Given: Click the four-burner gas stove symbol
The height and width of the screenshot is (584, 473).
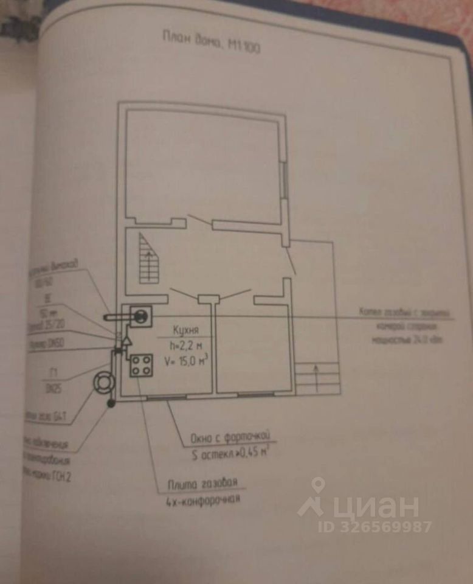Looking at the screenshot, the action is coord(142,365).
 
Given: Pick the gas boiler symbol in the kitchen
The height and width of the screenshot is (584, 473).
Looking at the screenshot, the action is coord(140,315).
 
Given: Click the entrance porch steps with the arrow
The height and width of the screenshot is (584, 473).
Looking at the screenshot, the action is coord(316,377).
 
